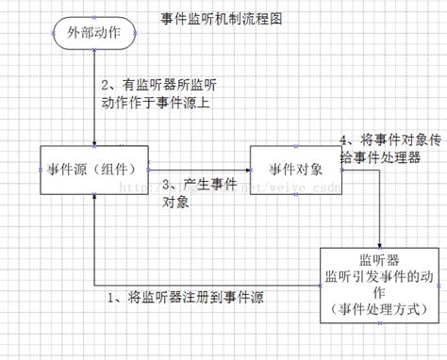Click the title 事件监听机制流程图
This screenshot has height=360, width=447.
(223, 17)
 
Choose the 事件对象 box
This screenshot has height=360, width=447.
(295, 170)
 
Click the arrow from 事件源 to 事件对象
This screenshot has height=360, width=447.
(198, 170)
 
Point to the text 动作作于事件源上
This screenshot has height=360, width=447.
(155, 103)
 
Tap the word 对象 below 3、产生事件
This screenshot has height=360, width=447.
(175, 202)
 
